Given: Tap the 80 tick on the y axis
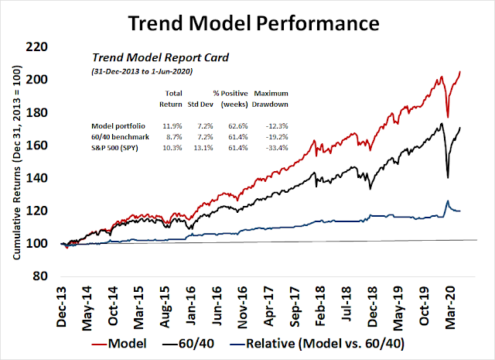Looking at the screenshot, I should pyautogui.click(x=58, y=276).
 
